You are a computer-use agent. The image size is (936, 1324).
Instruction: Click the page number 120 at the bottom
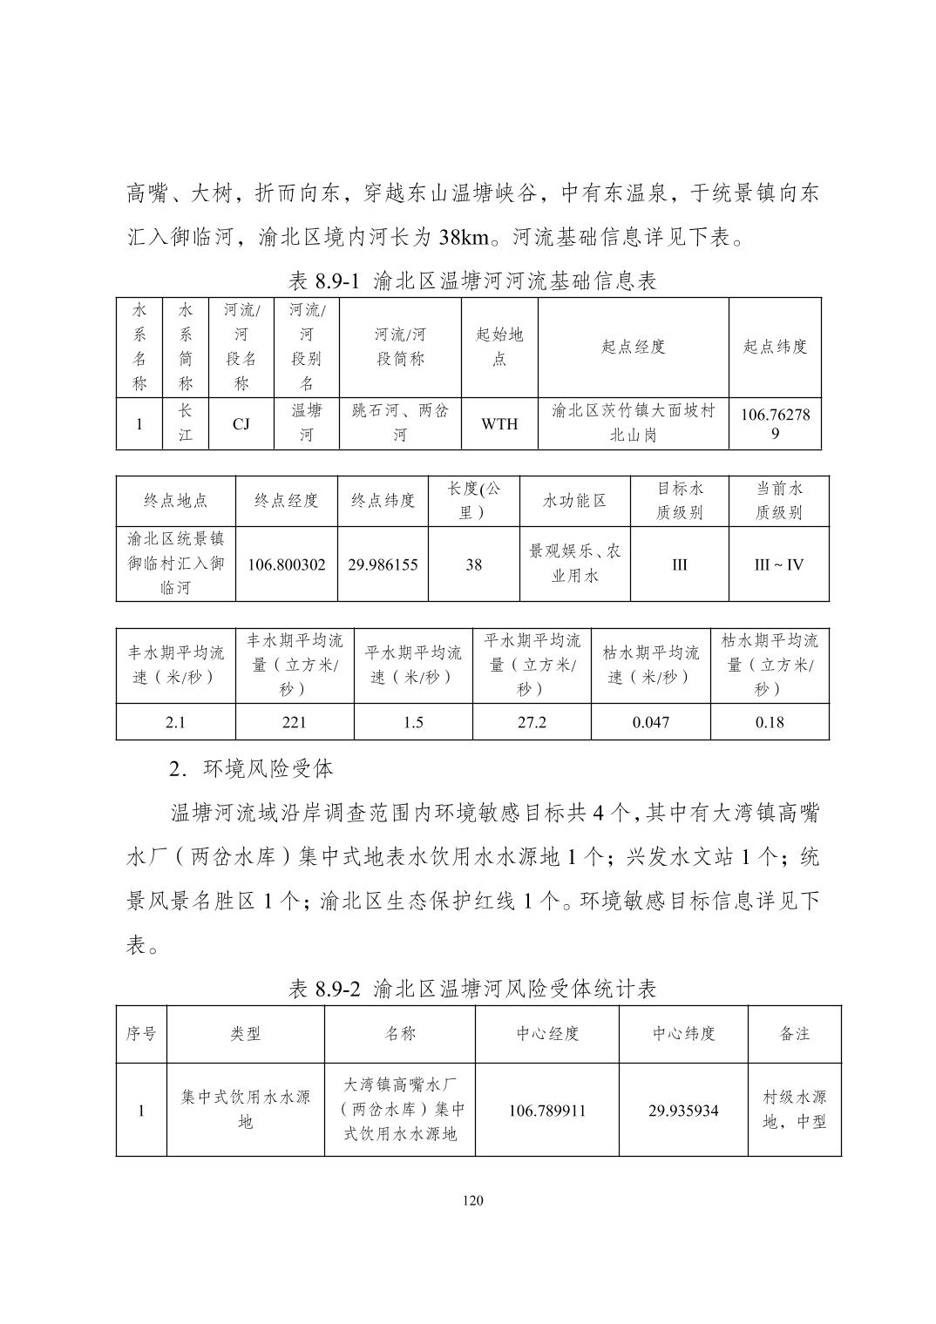472,1201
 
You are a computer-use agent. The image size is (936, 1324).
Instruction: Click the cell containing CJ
241,424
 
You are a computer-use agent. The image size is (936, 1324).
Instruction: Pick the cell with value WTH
499,424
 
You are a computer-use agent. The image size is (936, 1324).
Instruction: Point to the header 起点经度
633,347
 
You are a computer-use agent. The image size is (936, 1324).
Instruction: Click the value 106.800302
287,564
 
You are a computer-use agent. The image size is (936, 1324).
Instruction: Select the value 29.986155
383,564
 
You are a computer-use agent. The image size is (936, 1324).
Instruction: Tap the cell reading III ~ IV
778,564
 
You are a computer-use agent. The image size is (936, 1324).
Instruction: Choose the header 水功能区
574,501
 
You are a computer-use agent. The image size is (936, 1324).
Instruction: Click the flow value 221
295,722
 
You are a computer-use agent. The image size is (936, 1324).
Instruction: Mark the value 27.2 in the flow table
532,722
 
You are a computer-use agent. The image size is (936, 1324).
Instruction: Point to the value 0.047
651,722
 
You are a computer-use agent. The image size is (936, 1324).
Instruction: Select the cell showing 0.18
770,722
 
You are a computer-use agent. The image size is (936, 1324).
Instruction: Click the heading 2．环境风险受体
251,768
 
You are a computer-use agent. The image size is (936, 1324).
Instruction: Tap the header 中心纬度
683,1034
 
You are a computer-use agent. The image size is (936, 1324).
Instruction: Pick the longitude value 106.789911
547,1111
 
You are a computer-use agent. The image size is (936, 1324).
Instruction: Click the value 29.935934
683,1111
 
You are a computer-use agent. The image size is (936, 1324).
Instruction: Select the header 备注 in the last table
794,1034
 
